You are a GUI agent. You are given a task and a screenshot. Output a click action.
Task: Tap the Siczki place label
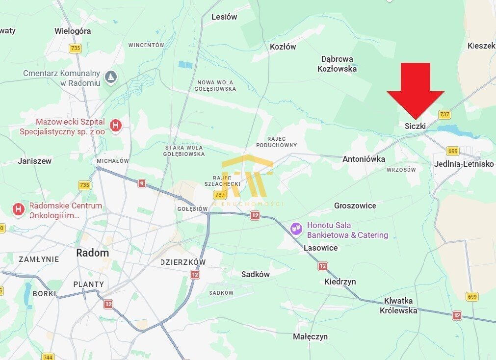[x=415, y=126]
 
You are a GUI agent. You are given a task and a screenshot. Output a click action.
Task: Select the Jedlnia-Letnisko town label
[x=464, y=164]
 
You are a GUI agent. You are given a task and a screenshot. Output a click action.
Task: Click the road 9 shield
[x=142, y=183]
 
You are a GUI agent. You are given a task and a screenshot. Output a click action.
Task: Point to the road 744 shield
[x=48, y=357]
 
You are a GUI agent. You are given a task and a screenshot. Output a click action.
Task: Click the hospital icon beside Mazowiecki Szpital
[x=116, y=126]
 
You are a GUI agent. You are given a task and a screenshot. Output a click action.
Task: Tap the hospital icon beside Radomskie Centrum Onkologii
[x=19, y=210]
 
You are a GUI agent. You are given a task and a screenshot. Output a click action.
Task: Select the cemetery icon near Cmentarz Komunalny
[x=111, y=77]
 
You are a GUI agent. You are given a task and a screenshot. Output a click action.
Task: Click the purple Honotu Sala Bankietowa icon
[x=296, y=229]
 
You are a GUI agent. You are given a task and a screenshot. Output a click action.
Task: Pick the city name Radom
[x=92, y=253]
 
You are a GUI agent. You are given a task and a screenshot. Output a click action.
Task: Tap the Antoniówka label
[x=364, y=159]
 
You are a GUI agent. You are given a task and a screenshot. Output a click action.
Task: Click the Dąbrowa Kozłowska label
[x=337, y=64]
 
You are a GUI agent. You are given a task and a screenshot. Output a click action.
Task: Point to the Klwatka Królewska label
[x=398, y=305]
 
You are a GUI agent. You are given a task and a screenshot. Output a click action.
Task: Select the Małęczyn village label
[x=310, y=336]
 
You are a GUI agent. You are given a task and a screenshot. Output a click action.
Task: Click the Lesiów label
[x=224, y=17]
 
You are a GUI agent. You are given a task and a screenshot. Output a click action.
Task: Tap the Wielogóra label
[x=73, y=31]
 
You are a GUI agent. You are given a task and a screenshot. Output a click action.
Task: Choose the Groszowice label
[x=355, y=206]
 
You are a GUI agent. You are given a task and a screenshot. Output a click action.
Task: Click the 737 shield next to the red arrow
[x=444, y=114]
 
